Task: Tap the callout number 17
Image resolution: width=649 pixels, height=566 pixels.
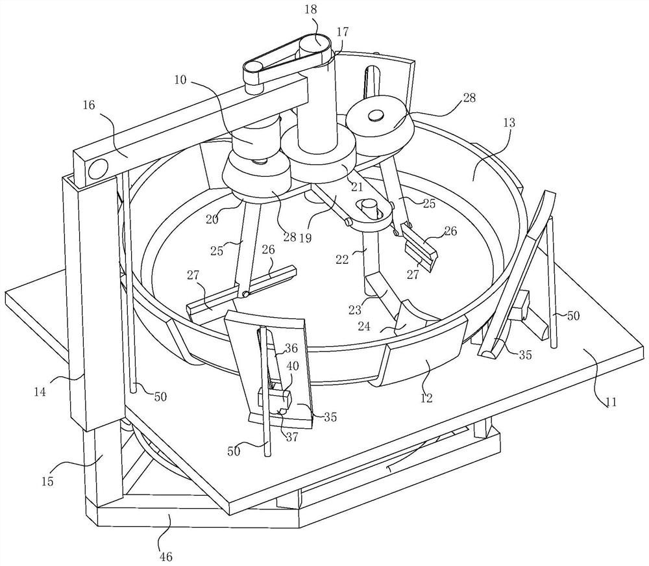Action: [343, 32]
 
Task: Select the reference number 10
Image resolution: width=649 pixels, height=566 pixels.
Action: [180, 80]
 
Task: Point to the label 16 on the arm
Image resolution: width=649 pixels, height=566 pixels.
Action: [88, 105]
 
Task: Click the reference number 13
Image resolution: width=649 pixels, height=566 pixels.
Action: [509, 123]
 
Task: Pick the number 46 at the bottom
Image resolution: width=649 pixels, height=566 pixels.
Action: [166, 556]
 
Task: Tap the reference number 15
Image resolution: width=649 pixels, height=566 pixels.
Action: [47, 482]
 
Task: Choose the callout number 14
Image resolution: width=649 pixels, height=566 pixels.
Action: [40, 392]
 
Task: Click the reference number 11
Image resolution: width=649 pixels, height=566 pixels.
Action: [611, 402]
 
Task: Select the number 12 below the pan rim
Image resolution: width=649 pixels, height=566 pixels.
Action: [426, 398]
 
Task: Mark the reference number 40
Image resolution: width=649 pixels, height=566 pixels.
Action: [293, 366]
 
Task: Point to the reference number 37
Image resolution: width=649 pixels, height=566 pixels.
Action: [292, 437]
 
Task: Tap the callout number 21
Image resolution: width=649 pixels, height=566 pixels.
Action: [357, 187]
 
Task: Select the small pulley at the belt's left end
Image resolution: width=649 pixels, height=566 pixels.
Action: [253, 68]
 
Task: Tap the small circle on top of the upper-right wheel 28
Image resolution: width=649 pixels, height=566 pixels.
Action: [376, 116]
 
